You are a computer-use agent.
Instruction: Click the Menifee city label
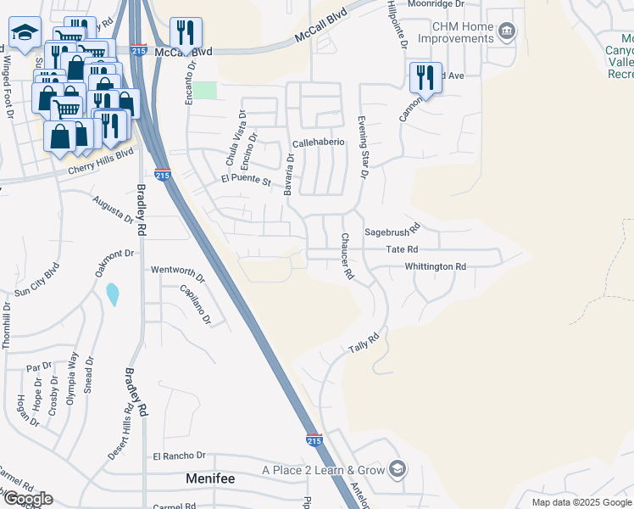(210, 479)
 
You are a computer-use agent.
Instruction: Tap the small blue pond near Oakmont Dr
(113, 294)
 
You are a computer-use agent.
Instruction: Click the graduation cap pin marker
(25, 34)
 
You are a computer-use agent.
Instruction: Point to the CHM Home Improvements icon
(507, 32)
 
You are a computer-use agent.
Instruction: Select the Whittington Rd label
(436, 266)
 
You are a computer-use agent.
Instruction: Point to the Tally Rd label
(362, 344)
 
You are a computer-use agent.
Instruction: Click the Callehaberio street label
(318, 143)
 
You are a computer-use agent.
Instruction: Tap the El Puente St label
(245, 180)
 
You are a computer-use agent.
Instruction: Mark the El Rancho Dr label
(180, 456)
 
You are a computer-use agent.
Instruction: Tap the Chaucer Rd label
(346, 257)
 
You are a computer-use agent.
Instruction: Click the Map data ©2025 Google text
(581, 502)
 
